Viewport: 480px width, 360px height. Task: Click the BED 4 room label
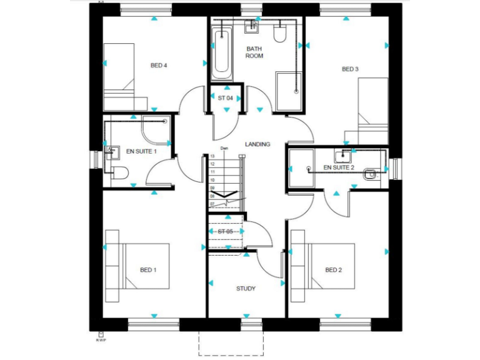coord(159,65)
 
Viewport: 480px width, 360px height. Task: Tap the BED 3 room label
coord(349,69)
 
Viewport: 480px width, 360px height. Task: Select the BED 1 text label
coord(147,270)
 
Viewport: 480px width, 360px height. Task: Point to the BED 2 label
coord(333,270)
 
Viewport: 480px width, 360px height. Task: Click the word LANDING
coord(257,144)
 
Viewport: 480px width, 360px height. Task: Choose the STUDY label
coord(246,288)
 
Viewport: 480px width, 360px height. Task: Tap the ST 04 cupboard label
coord(225,98)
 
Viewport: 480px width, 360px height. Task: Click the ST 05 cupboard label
coord(225,232)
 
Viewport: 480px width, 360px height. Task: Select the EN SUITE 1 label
coord(141,151)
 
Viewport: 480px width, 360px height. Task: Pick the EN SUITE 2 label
coord(339,167)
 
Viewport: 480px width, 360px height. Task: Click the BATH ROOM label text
coord(254,52)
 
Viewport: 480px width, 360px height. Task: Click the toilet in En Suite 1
coord(120,172)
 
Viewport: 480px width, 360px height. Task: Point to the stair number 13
coord(212,156)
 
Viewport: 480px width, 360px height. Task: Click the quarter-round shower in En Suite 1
coord(155,129)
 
